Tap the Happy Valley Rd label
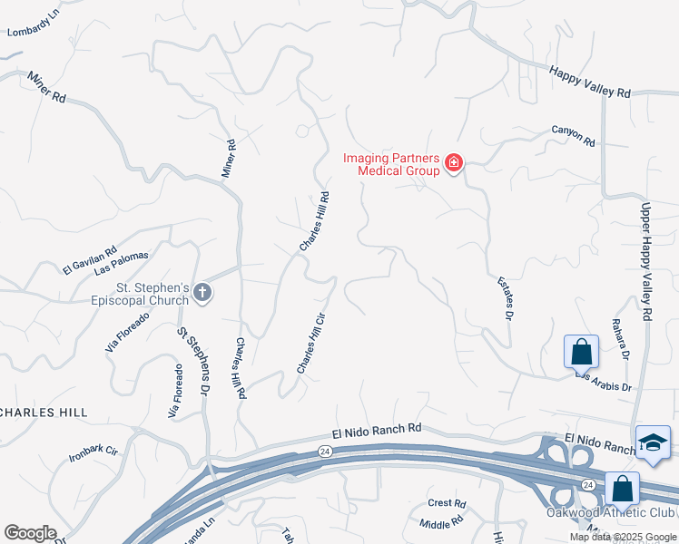coord(589,79)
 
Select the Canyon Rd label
coord(573,135)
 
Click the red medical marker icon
coord(453,164)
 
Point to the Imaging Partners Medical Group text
coord(391,164)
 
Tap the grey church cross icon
coord(202,293)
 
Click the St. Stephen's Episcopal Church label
coord(140,294)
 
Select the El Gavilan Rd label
coord(90,260)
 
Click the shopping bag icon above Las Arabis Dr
coord(580,351)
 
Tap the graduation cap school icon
coord(652,442)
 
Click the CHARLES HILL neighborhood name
coord(43,412)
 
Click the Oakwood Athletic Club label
coord(609,512)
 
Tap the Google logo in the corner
coord(30,533)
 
